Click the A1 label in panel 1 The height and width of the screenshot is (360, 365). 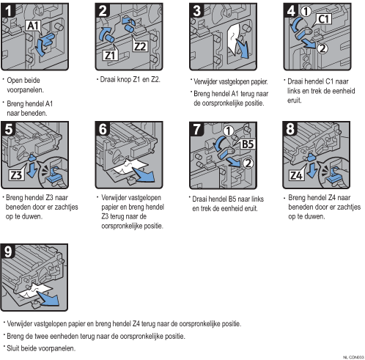coord(33,26)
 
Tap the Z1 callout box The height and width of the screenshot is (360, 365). coord(110,55)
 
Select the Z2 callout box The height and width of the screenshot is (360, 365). coord(140,46)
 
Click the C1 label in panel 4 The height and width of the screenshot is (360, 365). coord(324,19)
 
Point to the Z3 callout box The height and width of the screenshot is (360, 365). coord(16,175)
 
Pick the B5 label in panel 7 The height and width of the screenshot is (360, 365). coord(248,144)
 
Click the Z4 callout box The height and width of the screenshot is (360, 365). coord(296,175)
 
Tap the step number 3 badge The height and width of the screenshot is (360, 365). coord(197,10)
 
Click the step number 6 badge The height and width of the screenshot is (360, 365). coord(103,128)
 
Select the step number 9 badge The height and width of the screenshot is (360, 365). coord(8,251)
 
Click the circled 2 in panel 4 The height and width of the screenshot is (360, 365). coord(322,48)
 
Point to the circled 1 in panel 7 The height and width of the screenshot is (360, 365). coord(229,131)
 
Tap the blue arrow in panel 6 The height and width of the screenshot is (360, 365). coord(144,175)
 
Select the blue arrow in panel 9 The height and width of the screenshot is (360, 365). coord(49,299)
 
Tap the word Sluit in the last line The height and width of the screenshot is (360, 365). coord(13,348)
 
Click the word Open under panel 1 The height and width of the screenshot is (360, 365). coord(13,81)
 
